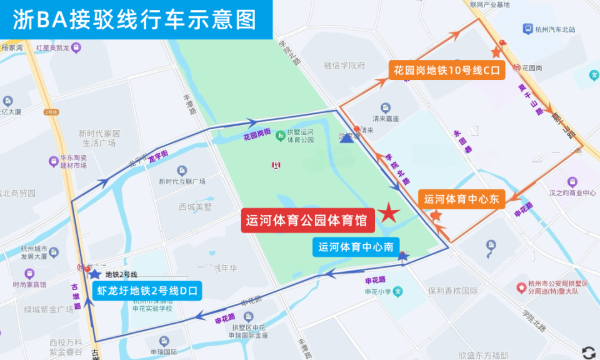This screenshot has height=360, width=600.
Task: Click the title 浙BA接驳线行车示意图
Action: (135, 19)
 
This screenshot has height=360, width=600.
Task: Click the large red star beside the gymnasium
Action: (389, 214)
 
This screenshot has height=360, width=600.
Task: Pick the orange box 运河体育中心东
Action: (462, 199)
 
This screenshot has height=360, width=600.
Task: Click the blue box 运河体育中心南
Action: (355, 247)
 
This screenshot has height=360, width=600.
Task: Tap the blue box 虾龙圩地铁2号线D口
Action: (147, 291)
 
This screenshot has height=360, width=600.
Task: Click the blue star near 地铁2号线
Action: (94, 273)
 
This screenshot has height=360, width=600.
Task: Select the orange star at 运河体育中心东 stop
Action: (436, 215)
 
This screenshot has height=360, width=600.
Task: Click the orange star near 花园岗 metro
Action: (497, 53)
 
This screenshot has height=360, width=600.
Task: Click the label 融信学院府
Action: (344, 65)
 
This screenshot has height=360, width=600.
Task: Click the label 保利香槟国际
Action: (452, 291)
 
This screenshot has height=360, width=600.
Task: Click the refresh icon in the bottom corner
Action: (588, 352)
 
